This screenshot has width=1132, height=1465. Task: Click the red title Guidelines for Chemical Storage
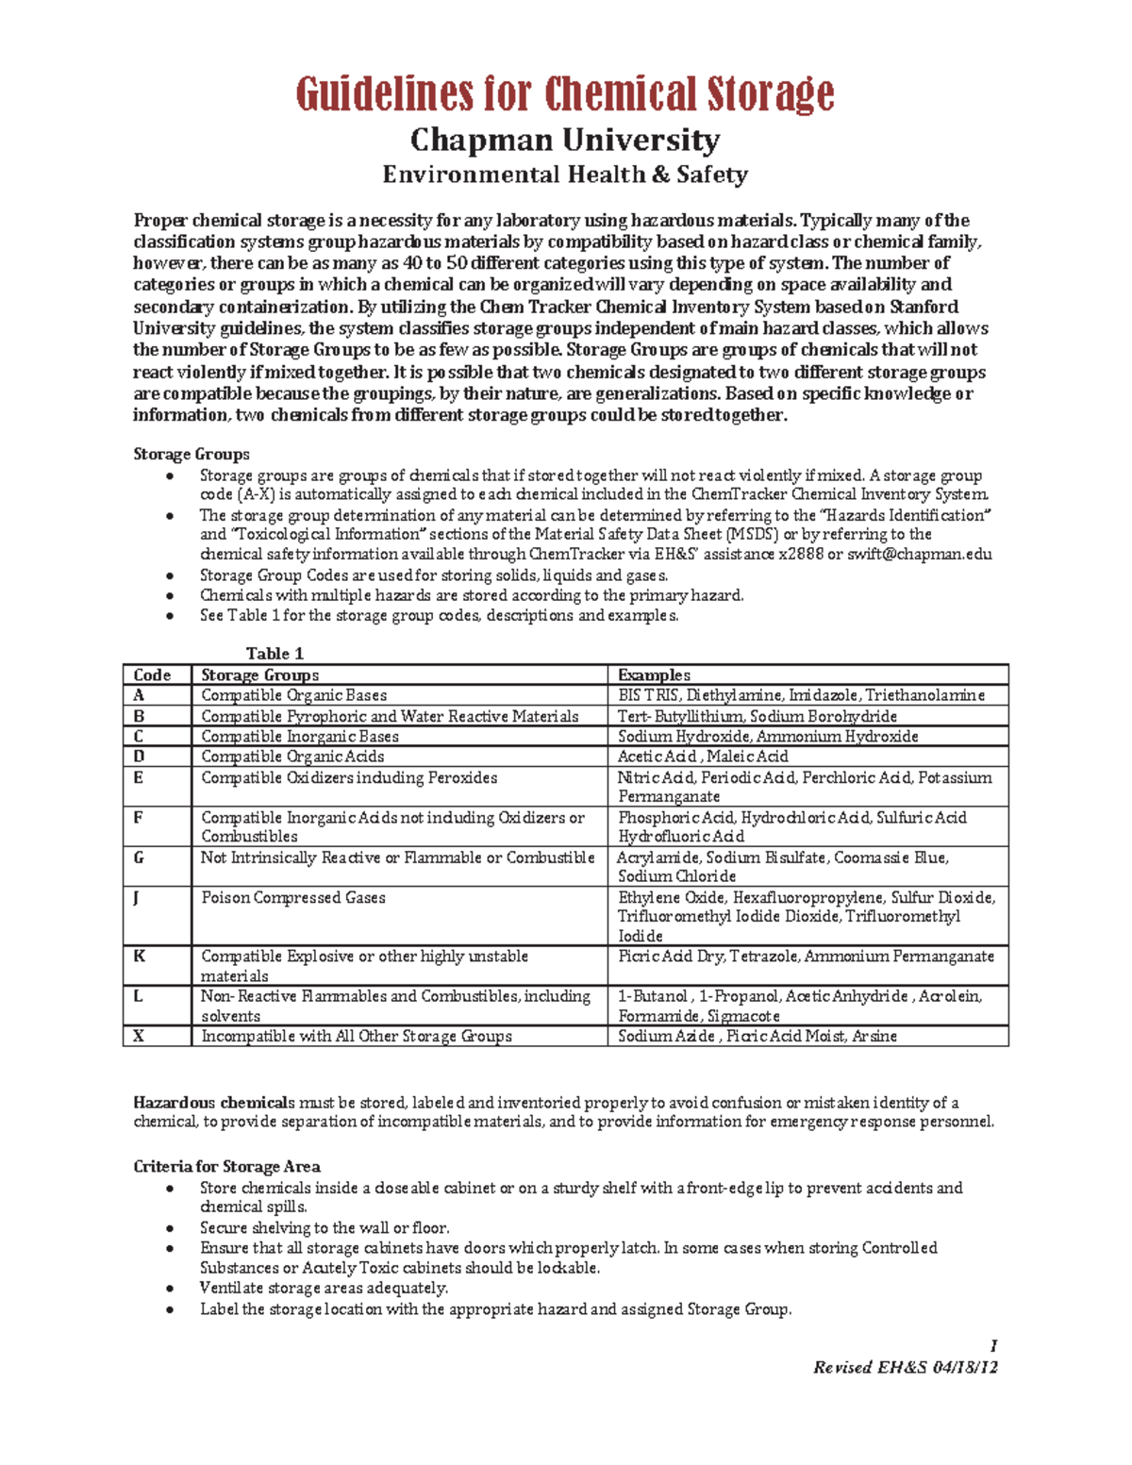[x=565, y=94]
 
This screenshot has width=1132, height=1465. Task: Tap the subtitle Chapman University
[x=565, y=141]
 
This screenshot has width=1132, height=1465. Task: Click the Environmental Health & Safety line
[x=565, y=175]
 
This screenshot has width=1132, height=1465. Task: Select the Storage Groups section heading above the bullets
[x=191, y=454]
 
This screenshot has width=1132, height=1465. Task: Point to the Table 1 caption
[x=275, y=653]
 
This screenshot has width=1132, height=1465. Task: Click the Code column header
[x=152, y=674]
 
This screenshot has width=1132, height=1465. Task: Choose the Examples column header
[x=654, y=674]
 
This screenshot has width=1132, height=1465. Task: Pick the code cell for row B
[x=139, y=716]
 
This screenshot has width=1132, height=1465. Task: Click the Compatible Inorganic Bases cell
[x=300, y=736]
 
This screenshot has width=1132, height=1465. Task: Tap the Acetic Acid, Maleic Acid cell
[x=703, y=757]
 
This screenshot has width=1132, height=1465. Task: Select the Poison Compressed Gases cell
[x=293, y=897]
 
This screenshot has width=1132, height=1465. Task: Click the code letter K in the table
[x=139, y=956]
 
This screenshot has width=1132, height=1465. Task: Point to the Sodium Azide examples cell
[x=757, y=1036]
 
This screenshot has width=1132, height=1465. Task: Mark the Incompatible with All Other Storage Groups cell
[x=357, y=1036]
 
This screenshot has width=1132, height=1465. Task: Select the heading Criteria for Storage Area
[x=226, y=1167]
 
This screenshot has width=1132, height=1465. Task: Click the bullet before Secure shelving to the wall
[x=170, y=1228]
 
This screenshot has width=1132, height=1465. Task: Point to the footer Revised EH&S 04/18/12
[x=905, y=1367]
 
